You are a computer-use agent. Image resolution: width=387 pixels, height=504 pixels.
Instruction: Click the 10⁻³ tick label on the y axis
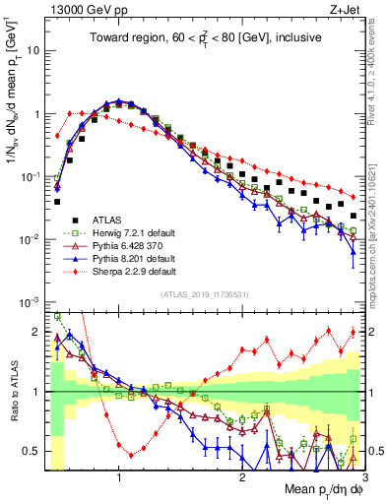[x=31, y=302]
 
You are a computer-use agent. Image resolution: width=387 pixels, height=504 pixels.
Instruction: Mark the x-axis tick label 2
[x=242, y=476]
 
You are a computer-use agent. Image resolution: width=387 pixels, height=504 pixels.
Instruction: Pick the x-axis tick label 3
[x=365, y=476]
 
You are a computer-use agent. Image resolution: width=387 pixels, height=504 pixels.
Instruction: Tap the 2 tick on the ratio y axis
[x=35, y=332]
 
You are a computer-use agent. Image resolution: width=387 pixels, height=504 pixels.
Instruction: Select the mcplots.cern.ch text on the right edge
[x=377, y=246]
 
